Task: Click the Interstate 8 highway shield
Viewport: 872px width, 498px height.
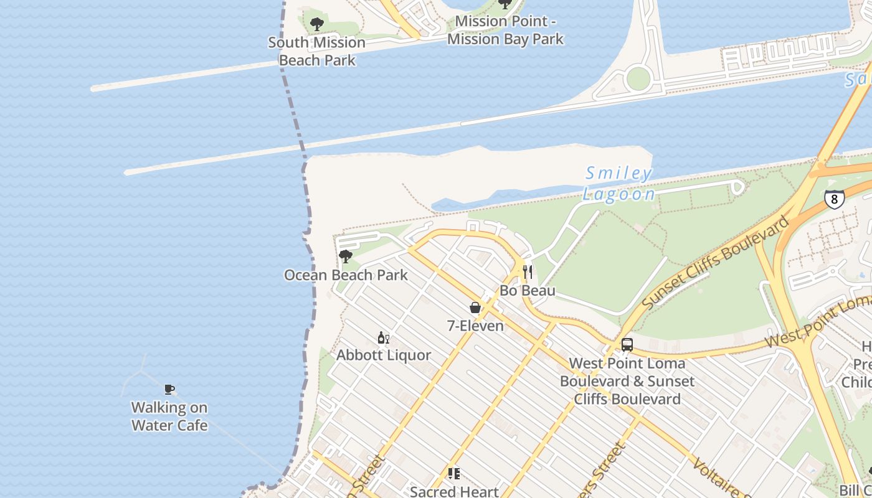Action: (x=834, y=199)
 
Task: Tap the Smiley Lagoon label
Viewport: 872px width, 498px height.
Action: (x=618, y=184)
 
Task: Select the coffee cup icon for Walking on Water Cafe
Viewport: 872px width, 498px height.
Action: (x=169, y=390)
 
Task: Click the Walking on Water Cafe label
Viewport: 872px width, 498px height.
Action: (x=169, y=416)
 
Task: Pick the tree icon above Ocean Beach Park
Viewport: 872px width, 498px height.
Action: (x=345, y=256)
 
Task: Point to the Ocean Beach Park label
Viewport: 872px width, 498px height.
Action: (x=346, y=275)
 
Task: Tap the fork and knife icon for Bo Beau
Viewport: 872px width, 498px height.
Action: (x=528, y=272)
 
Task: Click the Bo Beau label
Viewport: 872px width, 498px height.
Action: (x=528, y=291)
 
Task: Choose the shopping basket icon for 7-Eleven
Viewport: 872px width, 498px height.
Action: (x=475, y=308)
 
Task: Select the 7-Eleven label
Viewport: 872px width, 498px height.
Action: (x=475, y=325)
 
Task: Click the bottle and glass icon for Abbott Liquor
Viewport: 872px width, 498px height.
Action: (x=383, y=338)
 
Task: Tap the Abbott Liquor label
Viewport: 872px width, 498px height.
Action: (x=384, y=355)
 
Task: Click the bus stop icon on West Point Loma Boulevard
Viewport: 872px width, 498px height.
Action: (x=627, y=345)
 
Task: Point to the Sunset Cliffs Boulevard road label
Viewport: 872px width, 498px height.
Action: (x=716, y=263)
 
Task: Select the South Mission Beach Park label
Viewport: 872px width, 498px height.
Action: (x=316, y=51)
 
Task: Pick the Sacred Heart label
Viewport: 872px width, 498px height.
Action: (x=454, y=491)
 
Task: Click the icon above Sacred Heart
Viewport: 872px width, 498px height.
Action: (x=454, y=474)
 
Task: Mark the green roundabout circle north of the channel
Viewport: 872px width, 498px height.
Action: (x=638, y=78)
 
